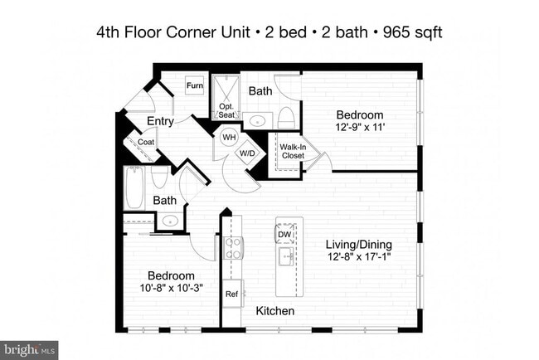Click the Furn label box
pos(195,85)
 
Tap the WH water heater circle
pos(229,137)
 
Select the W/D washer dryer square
pos(247,153)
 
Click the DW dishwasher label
pos(284,235)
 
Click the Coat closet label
pos(146,142)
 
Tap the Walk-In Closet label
pos(293,151)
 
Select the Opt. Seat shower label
pos(226,110)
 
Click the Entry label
pos(160,121)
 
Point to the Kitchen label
pos(275,311)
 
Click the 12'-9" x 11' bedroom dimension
pos(360,127)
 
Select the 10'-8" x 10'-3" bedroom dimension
pos(171,288)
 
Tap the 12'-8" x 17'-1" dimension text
pos(359,256)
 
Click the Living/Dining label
pos(359,245)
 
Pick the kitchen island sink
pos(286,256)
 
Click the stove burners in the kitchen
pos(233,248)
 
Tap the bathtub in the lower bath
pos(134,187)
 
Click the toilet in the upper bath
pos(286,117)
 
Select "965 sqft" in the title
pos(412,32)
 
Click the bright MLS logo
pos(29,350)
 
